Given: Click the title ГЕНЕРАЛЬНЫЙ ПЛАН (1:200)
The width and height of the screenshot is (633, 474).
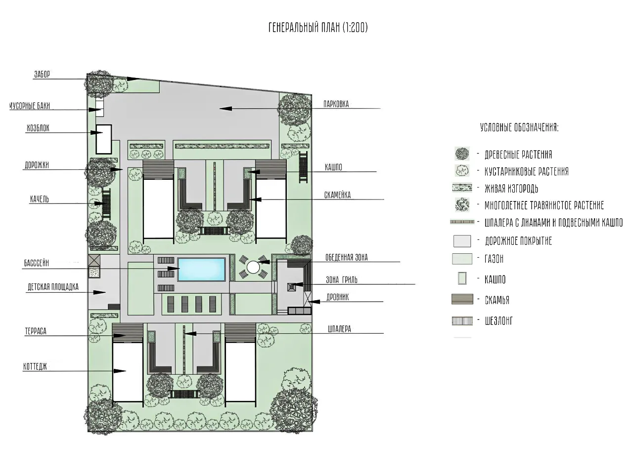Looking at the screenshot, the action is point(318,28).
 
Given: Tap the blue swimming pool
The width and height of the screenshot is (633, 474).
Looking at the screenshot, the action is point(201,270).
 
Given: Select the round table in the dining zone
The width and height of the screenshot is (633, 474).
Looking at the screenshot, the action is point(253,267).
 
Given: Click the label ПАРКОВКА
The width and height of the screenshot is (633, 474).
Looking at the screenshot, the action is point(336,104).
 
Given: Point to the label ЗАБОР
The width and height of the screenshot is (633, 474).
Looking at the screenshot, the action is point(42,75).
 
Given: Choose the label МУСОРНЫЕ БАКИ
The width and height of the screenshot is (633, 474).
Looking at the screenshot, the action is point(30,106).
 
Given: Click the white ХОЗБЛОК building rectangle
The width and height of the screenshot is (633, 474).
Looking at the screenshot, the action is point(103,139).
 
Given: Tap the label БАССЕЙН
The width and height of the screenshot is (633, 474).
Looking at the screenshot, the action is point(36,263).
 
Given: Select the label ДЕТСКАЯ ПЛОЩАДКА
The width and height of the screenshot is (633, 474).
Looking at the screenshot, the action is point(53,287).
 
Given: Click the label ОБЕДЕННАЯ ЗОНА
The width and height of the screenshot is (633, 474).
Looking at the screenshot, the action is point(346,257).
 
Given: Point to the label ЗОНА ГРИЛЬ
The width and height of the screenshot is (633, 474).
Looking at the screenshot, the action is point(341,280).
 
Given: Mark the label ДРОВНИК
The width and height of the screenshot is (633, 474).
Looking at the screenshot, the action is point(337,297).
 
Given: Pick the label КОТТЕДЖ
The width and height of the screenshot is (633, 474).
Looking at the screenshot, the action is point(35,367).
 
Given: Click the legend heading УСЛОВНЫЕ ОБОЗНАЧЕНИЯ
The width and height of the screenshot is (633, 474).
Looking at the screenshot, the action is point(519,127).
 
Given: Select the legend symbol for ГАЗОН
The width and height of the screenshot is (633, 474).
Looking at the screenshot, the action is point(462,259).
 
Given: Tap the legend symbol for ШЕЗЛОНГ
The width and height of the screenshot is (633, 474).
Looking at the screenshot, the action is point(462,321).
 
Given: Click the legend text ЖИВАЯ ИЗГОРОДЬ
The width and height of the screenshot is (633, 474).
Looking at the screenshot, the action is point(511,189).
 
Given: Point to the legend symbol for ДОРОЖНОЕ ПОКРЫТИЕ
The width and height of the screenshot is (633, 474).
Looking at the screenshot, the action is point(462,241).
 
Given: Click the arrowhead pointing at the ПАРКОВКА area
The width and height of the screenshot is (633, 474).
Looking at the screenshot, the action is point(226,109).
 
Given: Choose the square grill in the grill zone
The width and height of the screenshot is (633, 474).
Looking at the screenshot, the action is point(291,287).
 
